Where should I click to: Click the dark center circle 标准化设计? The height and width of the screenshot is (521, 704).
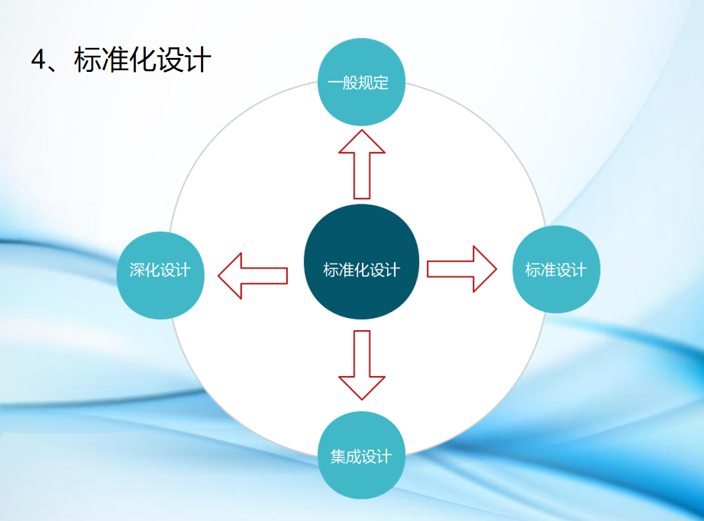pos(361,262)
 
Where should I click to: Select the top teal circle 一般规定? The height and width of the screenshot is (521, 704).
pos(361,83)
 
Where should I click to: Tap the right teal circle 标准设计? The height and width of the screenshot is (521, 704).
pos(556,269)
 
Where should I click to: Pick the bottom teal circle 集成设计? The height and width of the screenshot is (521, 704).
pos(361,455)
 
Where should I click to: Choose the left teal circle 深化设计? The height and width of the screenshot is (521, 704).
pos(160,275)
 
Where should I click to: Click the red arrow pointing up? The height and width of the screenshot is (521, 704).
pos(362,164)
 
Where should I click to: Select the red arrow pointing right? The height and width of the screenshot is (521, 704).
pos(462,269)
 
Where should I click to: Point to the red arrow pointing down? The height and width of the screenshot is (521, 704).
pos(362,365)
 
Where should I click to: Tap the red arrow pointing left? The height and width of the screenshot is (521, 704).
pos(253,275)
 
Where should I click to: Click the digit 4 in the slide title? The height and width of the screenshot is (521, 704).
pos(39,59)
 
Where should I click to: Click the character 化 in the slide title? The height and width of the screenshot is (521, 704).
pos(142,59)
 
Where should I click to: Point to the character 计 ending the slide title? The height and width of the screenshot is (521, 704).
pos(197,59)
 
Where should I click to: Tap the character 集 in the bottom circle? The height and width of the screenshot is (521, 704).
pos(338,456)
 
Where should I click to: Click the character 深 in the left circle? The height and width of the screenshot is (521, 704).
pos(137,270)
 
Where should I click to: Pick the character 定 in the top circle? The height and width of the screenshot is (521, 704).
pos(381,83)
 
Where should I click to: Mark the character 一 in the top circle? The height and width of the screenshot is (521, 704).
pos(335,83)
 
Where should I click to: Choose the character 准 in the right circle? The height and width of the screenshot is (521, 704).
pos(548,270)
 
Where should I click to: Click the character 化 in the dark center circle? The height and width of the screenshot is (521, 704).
pos(362,270)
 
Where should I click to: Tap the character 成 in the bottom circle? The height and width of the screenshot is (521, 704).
pos(354,456)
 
